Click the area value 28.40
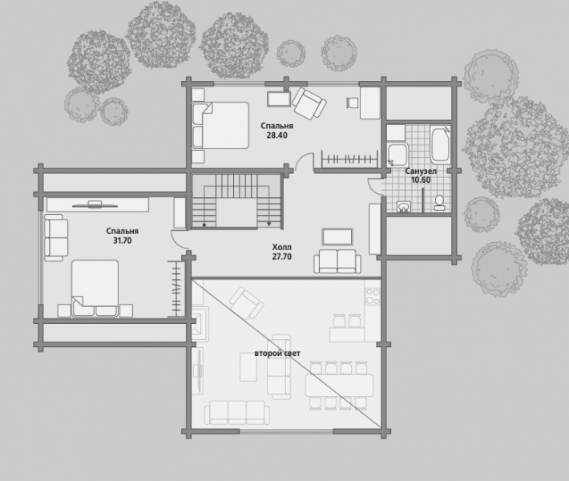click(x=276, y=135)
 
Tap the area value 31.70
click(x=123, y=240)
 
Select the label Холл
click(x=282, y=247)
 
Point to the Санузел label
click(x=421, y=171)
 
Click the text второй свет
click(x=277, y=354)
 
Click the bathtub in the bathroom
click(x=441, y=144)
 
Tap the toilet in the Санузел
click(x=439, y=203)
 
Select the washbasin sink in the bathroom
click(x=403, y=206)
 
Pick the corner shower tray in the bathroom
click(x=397, y=155)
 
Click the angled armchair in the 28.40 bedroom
click(x=309, y=103)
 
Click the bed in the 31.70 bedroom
click(x=95, y=289)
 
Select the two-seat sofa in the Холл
click(x=337, y=261)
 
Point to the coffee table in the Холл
click(x=337, y=237)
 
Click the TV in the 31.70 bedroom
click(x=95, y=204)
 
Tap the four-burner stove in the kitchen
click(x=373, y=296)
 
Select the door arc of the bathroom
click(x=373, y=185)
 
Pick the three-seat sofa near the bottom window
click(x=237, y=412)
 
